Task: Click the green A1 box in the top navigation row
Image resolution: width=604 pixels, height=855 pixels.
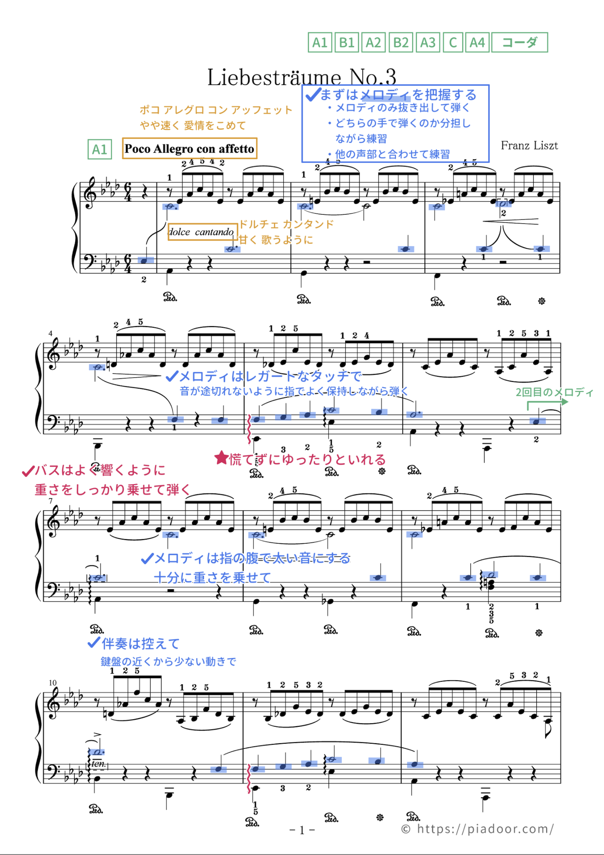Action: pos(319,42)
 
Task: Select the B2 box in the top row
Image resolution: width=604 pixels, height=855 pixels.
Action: pos(401,42)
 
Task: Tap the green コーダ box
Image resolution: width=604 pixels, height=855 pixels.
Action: pos(519,42)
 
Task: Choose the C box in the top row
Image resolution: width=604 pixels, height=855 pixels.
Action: pos(452,42)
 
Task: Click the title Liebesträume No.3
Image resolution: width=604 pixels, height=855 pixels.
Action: pos(301,77)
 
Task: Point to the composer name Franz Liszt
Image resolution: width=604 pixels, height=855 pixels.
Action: pos(529,146)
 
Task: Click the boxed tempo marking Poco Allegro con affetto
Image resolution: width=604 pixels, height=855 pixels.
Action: pos(189,149)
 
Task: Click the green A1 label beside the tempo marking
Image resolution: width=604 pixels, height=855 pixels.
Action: pos(99,149)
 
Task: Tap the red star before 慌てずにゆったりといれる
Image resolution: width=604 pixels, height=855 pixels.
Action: pos(222,458)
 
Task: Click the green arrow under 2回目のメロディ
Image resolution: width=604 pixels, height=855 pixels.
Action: pos(547,402)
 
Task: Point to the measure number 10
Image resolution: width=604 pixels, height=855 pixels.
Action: pos(52,683)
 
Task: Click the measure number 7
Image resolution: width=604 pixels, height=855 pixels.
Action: pos(51,501)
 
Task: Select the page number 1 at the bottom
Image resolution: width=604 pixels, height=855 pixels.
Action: pos(302,830)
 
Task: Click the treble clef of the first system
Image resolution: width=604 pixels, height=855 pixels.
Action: pos(90,193)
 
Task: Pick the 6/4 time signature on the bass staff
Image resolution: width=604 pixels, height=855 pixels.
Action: pos(128,264)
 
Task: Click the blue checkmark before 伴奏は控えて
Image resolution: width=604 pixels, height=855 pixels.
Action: pos(93,643)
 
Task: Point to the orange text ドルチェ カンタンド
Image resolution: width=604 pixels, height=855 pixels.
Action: pos(286,224)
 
